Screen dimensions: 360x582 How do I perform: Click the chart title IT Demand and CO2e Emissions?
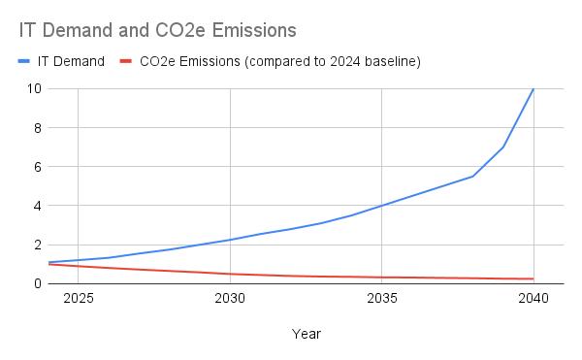(157, 30)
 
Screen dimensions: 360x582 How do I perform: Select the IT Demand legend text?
(71, 61)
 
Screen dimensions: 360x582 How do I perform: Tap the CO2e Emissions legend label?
(279, 61)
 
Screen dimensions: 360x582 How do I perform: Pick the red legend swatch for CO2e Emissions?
(126, 61)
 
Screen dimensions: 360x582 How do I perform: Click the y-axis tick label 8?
(37, 127)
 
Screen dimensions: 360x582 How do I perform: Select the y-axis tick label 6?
(37, 167)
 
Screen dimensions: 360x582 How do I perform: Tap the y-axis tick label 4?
(37, 206)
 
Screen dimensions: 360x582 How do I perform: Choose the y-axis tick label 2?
(37, 245)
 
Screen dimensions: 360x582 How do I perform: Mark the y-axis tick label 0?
(37, 283)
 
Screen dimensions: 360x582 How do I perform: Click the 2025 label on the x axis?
(78, 299)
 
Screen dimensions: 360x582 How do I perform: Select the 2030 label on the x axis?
(230, 299)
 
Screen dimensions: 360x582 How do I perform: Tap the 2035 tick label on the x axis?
(382, 299)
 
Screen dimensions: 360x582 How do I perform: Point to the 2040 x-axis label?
(533, 299)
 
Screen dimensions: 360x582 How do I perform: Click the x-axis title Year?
(306, 334)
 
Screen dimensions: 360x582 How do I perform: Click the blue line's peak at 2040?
(533, 89)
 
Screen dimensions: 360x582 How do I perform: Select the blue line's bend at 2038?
(472, 177)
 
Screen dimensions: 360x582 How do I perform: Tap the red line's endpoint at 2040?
(533, 278)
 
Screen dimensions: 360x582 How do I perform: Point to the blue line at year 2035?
(382, 206)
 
